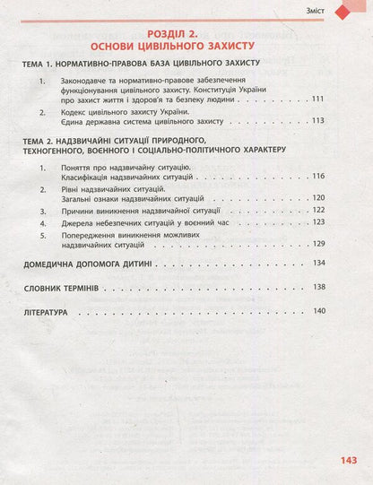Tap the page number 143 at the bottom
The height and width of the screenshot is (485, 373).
tap(348, 461)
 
